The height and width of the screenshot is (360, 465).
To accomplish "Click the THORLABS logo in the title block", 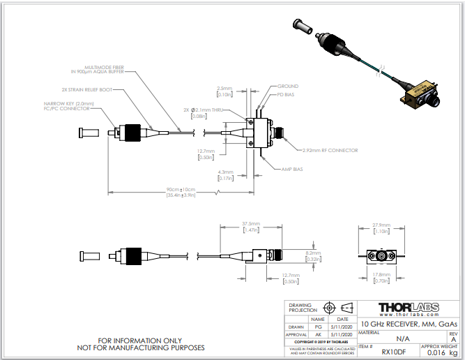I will [409, 308].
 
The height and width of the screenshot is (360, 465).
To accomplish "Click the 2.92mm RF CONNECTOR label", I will [330, 149].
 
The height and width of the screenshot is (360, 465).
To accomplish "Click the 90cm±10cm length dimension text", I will [181, 190].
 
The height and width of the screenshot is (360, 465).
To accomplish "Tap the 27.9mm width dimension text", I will [381, 225].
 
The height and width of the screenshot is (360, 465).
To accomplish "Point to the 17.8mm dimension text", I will [381, 275].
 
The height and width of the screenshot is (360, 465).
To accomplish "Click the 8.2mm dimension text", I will [312, 253].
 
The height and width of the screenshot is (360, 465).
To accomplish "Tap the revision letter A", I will [454, 339].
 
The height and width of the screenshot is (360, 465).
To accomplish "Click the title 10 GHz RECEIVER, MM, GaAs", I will [409, 324].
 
